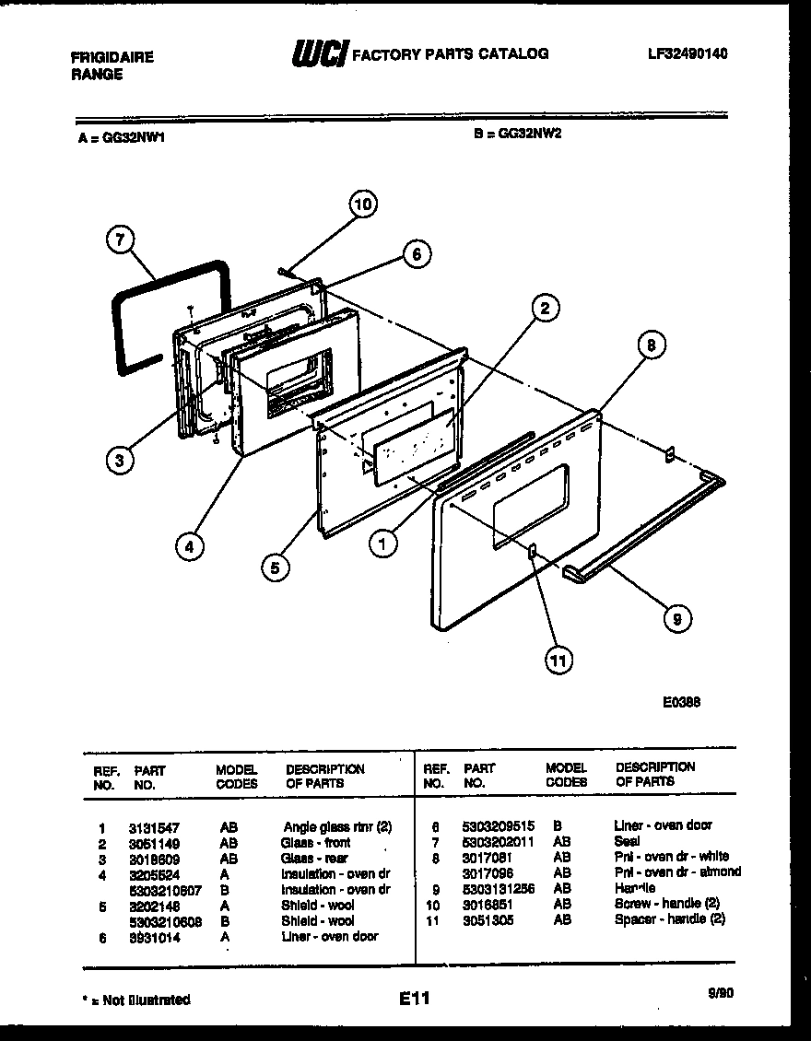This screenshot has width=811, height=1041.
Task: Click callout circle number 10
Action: coord(363,204)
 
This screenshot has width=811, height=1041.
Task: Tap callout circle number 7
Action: coord(117,240)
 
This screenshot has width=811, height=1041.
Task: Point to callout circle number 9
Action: coord(676,620)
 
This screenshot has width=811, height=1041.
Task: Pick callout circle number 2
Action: coord(545,309)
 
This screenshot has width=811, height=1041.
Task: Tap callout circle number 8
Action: coord(651,346)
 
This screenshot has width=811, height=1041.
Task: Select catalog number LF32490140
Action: coord(687,54)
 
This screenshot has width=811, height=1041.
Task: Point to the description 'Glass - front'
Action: coord(315,843)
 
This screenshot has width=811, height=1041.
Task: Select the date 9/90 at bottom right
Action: coord(722,993)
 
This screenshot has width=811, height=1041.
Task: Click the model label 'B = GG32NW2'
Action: coord(518,133)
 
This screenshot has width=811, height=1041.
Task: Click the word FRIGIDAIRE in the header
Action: coord(112,57)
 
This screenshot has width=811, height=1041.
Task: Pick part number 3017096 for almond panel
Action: coord(488,873)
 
